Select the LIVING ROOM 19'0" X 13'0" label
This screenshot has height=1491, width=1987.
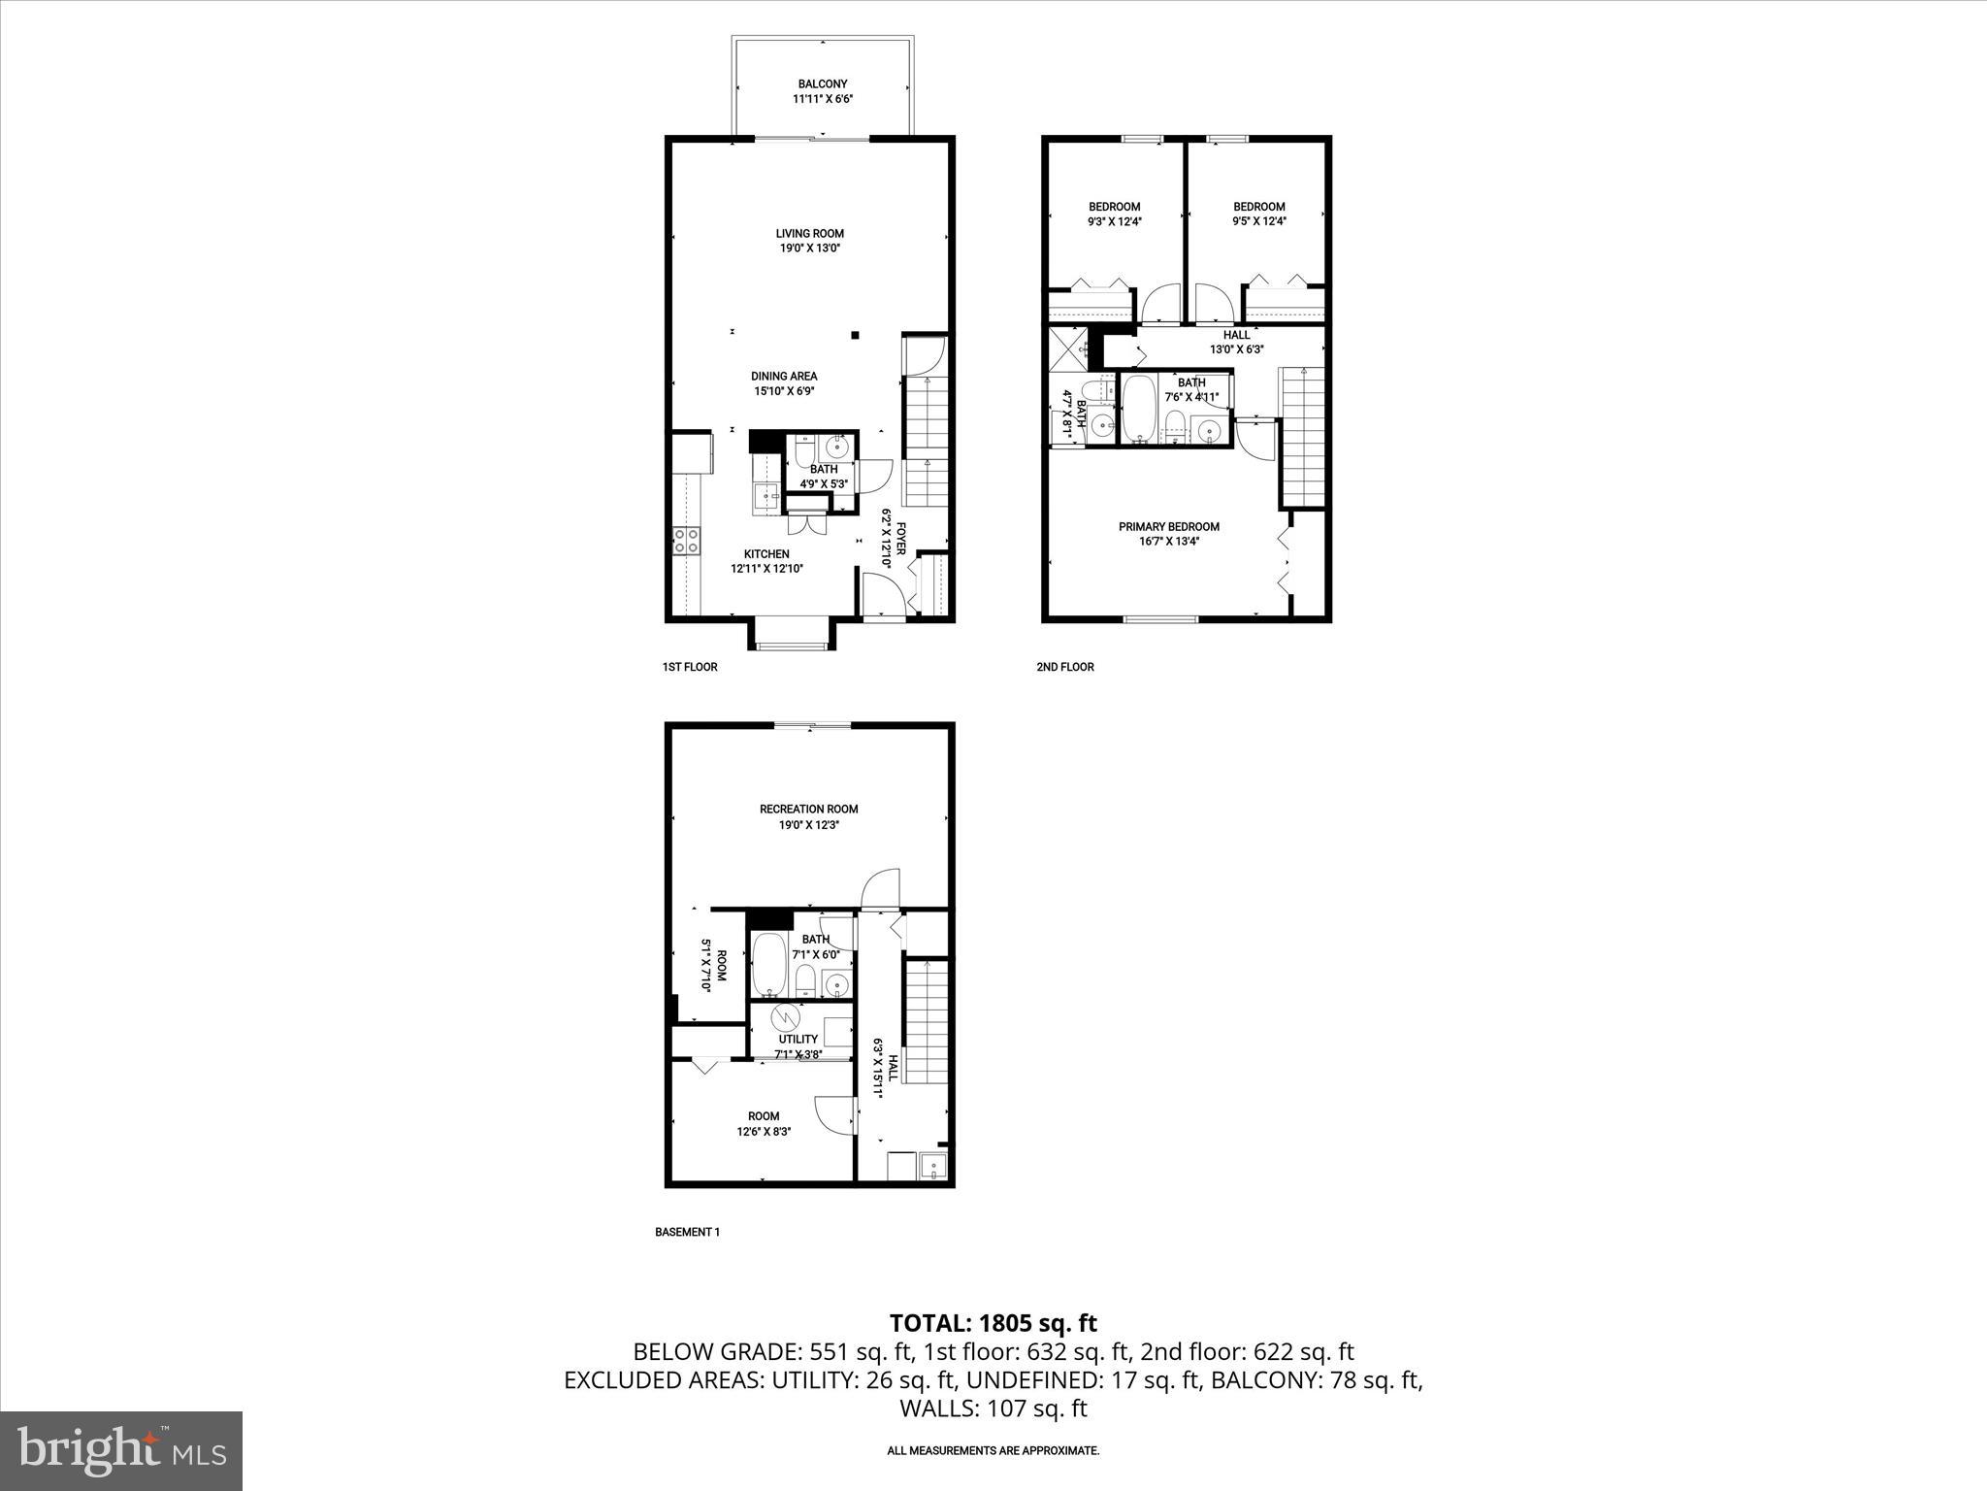(809, 240)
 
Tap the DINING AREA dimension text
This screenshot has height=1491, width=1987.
(784, 391)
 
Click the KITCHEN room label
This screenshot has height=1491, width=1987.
(766, 554)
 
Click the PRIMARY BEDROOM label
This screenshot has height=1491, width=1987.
(1168, 527)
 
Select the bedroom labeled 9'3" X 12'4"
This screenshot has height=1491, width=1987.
(1114, 214)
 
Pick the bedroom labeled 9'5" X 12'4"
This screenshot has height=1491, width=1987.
(1258, 214)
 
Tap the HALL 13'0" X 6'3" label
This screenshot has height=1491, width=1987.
(1236, 342)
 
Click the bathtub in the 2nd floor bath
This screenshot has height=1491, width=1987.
(1138, 409)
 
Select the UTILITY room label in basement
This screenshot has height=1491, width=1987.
(798, 1039)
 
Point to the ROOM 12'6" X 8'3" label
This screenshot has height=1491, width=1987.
(764, 1123)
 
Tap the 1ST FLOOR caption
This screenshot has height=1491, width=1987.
(689, 667)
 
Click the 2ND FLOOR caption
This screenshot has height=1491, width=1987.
(1064, 667)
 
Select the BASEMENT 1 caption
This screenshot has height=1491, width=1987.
(687, 1232)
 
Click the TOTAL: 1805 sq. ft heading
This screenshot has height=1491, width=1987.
(993, 1322)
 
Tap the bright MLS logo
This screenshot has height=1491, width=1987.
(121, 1451)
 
